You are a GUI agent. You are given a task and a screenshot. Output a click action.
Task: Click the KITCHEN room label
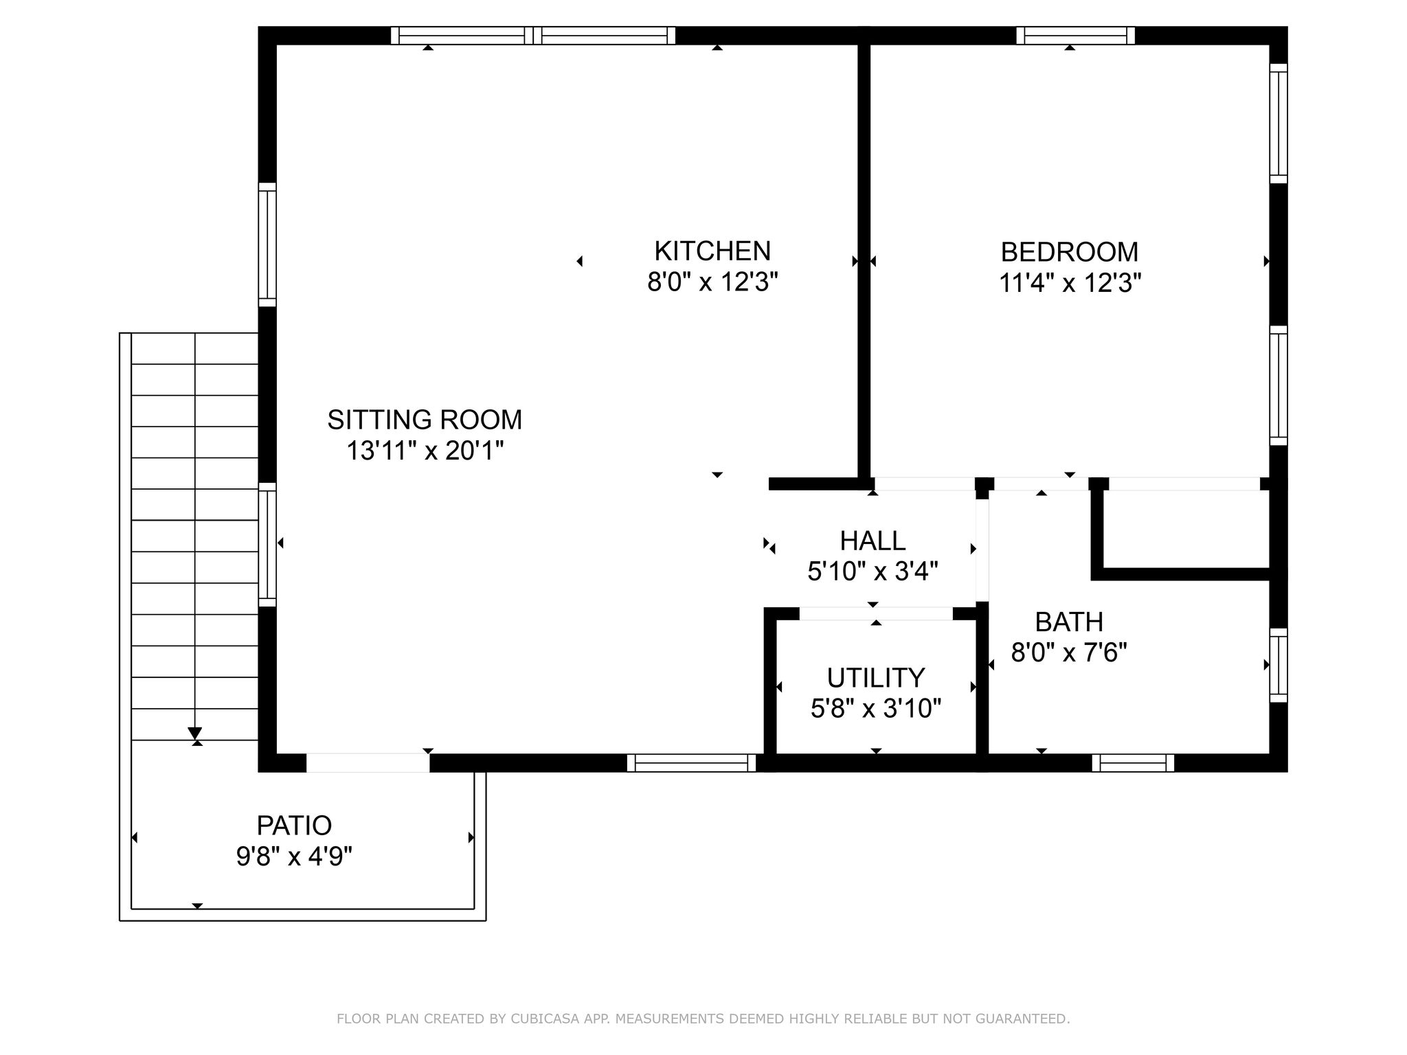tap(712, 251)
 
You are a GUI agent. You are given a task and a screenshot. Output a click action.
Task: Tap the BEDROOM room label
tap(1070, 252)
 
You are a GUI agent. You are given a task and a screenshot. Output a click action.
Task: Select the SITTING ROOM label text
tap(425, 420)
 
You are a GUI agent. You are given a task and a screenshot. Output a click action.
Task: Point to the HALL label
tap(873, 541)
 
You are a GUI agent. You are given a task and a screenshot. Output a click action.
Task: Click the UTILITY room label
tap(876, 678)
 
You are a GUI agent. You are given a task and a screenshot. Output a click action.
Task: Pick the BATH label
tap(1069, 622)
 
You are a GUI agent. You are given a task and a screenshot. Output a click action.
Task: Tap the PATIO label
tap(294, 825)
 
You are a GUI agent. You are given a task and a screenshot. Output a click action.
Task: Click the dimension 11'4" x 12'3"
tap(1070, 283)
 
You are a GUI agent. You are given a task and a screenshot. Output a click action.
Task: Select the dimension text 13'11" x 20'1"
tap(425, 451)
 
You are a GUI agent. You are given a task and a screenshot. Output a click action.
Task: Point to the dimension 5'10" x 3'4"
tap(873, 571)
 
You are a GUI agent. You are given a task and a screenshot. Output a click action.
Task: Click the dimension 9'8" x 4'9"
tap(294, 857)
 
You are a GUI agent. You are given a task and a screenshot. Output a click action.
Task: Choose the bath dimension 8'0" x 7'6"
tap(1069, 653)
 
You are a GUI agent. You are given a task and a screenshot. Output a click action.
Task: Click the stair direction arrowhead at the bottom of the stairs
tap(195, 733)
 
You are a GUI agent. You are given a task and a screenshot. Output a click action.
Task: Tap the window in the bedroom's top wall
tap(1075, 35)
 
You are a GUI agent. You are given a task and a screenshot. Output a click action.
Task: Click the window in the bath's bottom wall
tap(1133, 763)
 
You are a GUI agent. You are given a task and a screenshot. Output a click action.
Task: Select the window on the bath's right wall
tap(1278, 665)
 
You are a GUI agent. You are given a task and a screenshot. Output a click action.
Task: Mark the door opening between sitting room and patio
tap(368, 763)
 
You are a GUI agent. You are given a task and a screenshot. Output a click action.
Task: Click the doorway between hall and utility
tap(876, 613)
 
